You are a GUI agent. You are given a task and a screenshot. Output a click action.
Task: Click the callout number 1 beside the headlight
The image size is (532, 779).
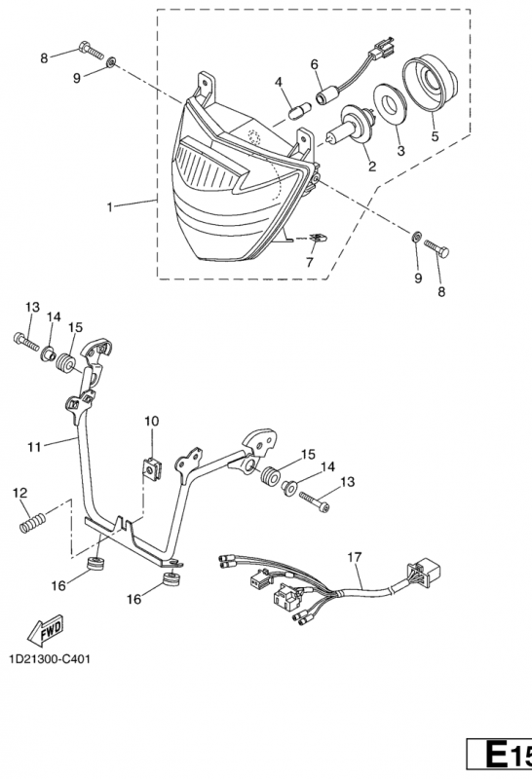click(110, 206)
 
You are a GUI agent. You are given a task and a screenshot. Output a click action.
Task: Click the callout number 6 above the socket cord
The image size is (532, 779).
click(314, 64)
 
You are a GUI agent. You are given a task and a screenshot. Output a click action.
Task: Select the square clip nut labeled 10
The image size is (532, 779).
click(152, 468)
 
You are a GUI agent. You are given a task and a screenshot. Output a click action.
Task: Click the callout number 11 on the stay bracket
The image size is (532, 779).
click(34, 447)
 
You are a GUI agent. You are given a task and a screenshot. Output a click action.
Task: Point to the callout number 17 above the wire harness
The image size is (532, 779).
click(355, 557)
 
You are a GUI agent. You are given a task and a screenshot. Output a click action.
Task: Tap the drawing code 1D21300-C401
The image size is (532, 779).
click(50, 659)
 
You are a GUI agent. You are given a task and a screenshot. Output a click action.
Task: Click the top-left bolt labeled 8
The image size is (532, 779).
click(91, 51)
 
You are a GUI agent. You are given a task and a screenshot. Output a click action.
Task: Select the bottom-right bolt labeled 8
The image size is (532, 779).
click(437, 247)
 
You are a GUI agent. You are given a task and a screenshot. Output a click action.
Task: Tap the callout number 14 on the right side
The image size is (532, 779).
click(327, 467)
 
